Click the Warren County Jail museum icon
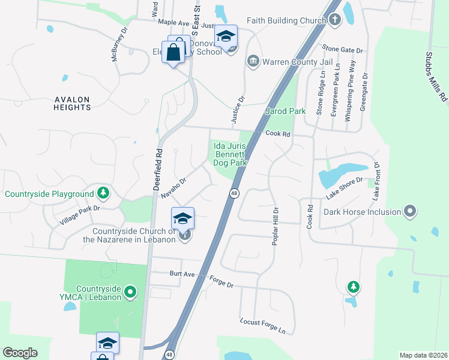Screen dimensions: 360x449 click(253, 61)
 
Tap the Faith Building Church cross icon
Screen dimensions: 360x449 click(335, 20)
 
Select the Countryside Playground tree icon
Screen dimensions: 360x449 click(104, 193)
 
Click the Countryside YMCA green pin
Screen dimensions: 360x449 click(131, 293)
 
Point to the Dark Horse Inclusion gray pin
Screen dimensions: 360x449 click(410, 211)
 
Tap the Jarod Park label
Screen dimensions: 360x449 click(286, 111)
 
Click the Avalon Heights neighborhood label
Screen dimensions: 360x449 click(72, 103)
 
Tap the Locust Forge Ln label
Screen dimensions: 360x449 click(262, 326)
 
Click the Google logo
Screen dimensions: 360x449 click(20, 353)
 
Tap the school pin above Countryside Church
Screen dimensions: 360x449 click(182, 218)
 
